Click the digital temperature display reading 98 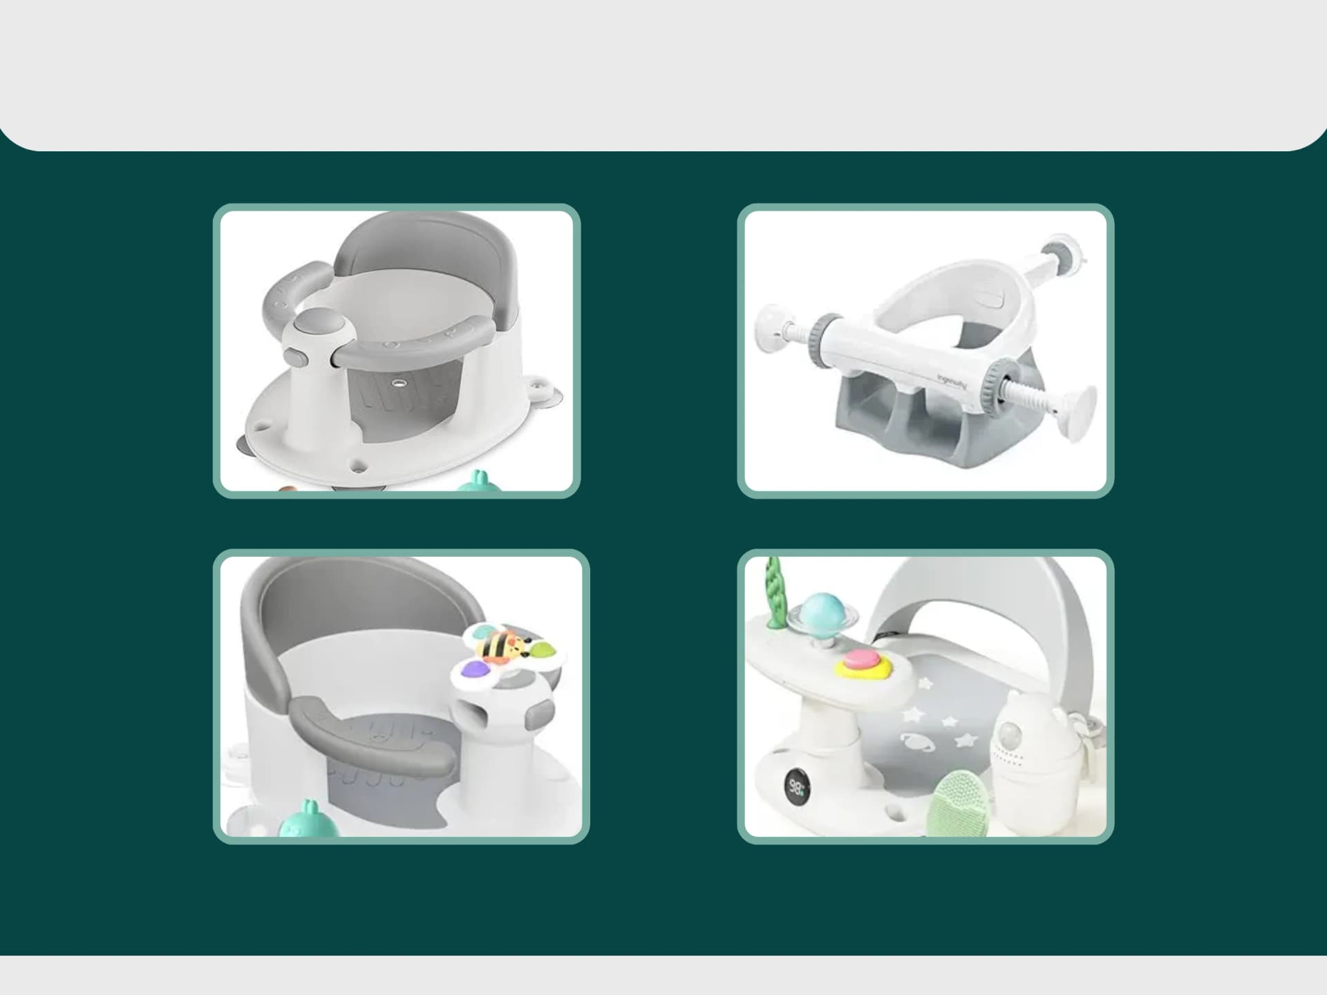click(x=796, y=786)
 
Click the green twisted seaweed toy click(x=774, y=593)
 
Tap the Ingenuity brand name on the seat click(x=952, y=381)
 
